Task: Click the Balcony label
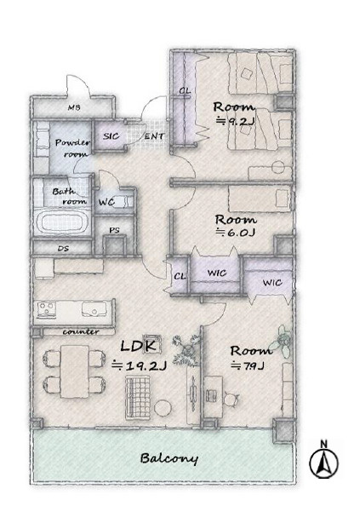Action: click(169, 458)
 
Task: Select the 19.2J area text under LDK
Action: click(139, 365)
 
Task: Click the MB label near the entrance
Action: click(74, 108)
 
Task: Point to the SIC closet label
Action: click(111, 136)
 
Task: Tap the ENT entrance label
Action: click(154, 136)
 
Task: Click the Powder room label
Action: click(72, 147)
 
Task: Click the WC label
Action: click(106, 203)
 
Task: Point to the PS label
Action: click(114, 230)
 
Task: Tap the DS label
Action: click(63, 249)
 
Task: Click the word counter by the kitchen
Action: click(81, 331)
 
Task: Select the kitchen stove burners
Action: click(46, 309)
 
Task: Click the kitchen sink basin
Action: click(94, 308)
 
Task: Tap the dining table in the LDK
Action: click(75, 371)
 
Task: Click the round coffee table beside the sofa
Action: click(163, 407)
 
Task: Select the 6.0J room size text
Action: click(236, 233)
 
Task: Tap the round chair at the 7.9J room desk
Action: click(231, 400)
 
